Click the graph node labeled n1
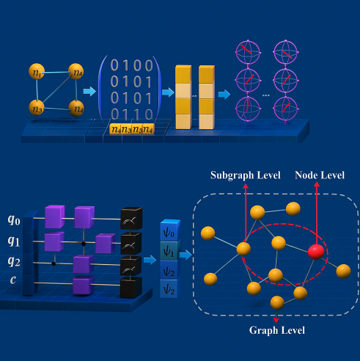tap(36, 72)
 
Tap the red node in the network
tap(317, 253)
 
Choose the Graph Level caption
tap(276, 330)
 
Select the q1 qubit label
tap(12, 241)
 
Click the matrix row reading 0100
tap(131, 65)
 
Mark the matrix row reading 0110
tap(131, 114)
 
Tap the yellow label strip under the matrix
tap(132, 129)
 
